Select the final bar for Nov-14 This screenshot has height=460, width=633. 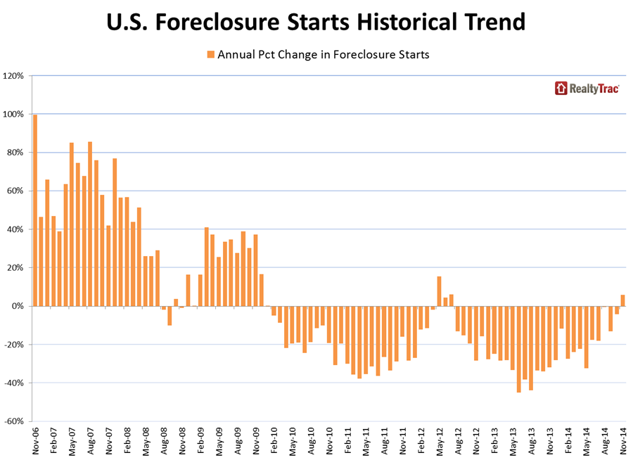[x=623, y=300]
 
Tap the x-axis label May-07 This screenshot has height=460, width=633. [x=72, y=440]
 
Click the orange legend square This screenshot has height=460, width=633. [x=210, y=54]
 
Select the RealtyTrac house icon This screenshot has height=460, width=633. [x=561, y=88]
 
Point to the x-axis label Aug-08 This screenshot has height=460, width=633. [x=164, y=440]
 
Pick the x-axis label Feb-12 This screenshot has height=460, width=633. [x=421, y=440]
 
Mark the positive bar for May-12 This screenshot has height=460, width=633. [x=440, y=291]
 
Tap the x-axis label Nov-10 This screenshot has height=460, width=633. [x=329, y=440]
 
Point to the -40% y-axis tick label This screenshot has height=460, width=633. [x=15, y=383]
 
